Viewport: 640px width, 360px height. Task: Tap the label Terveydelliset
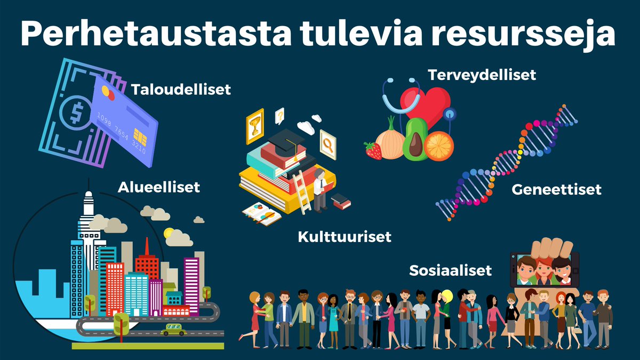482,75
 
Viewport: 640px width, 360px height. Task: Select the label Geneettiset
556,189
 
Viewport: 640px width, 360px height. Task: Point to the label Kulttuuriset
345,236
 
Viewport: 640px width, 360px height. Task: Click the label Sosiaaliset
450,270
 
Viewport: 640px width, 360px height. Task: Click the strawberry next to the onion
373,150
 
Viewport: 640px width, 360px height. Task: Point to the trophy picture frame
255,125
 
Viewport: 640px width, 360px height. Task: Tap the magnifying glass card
328,143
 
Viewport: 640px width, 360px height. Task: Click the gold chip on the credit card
140,134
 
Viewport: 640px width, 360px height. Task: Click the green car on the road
174,330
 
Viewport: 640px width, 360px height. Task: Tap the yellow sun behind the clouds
170,233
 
